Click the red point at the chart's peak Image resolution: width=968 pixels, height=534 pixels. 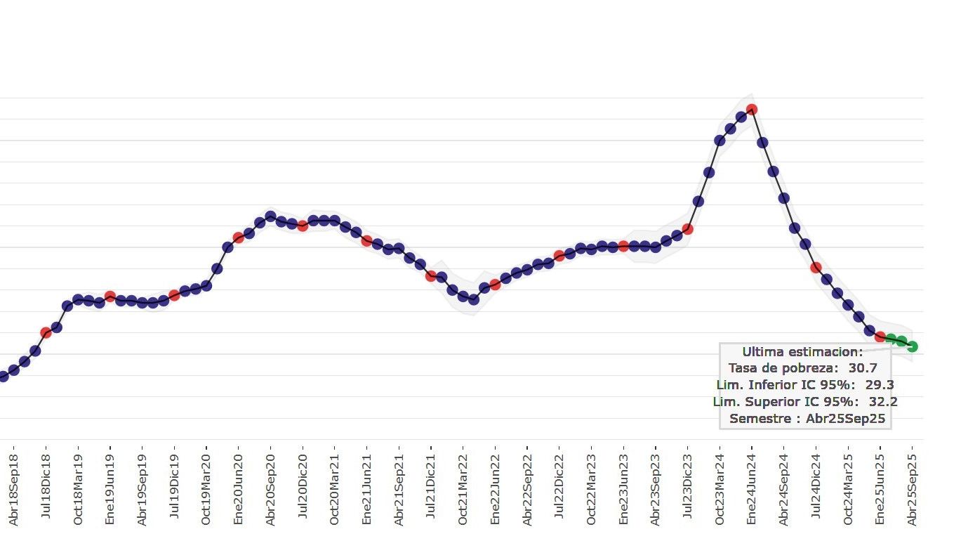751,109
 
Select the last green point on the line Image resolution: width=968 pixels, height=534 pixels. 912,346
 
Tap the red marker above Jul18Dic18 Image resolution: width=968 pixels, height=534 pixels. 46,332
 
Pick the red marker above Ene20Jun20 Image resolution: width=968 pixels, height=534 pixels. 238,237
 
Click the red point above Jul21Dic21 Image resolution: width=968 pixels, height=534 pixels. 431,275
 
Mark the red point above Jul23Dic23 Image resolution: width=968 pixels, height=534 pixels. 688,229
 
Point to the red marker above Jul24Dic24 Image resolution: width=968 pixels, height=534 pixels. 816,267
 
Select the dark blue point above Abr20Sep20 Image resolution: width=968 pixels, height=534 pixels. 270,216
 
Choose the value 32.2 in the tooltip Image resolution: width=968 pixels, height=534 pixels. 883,402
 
